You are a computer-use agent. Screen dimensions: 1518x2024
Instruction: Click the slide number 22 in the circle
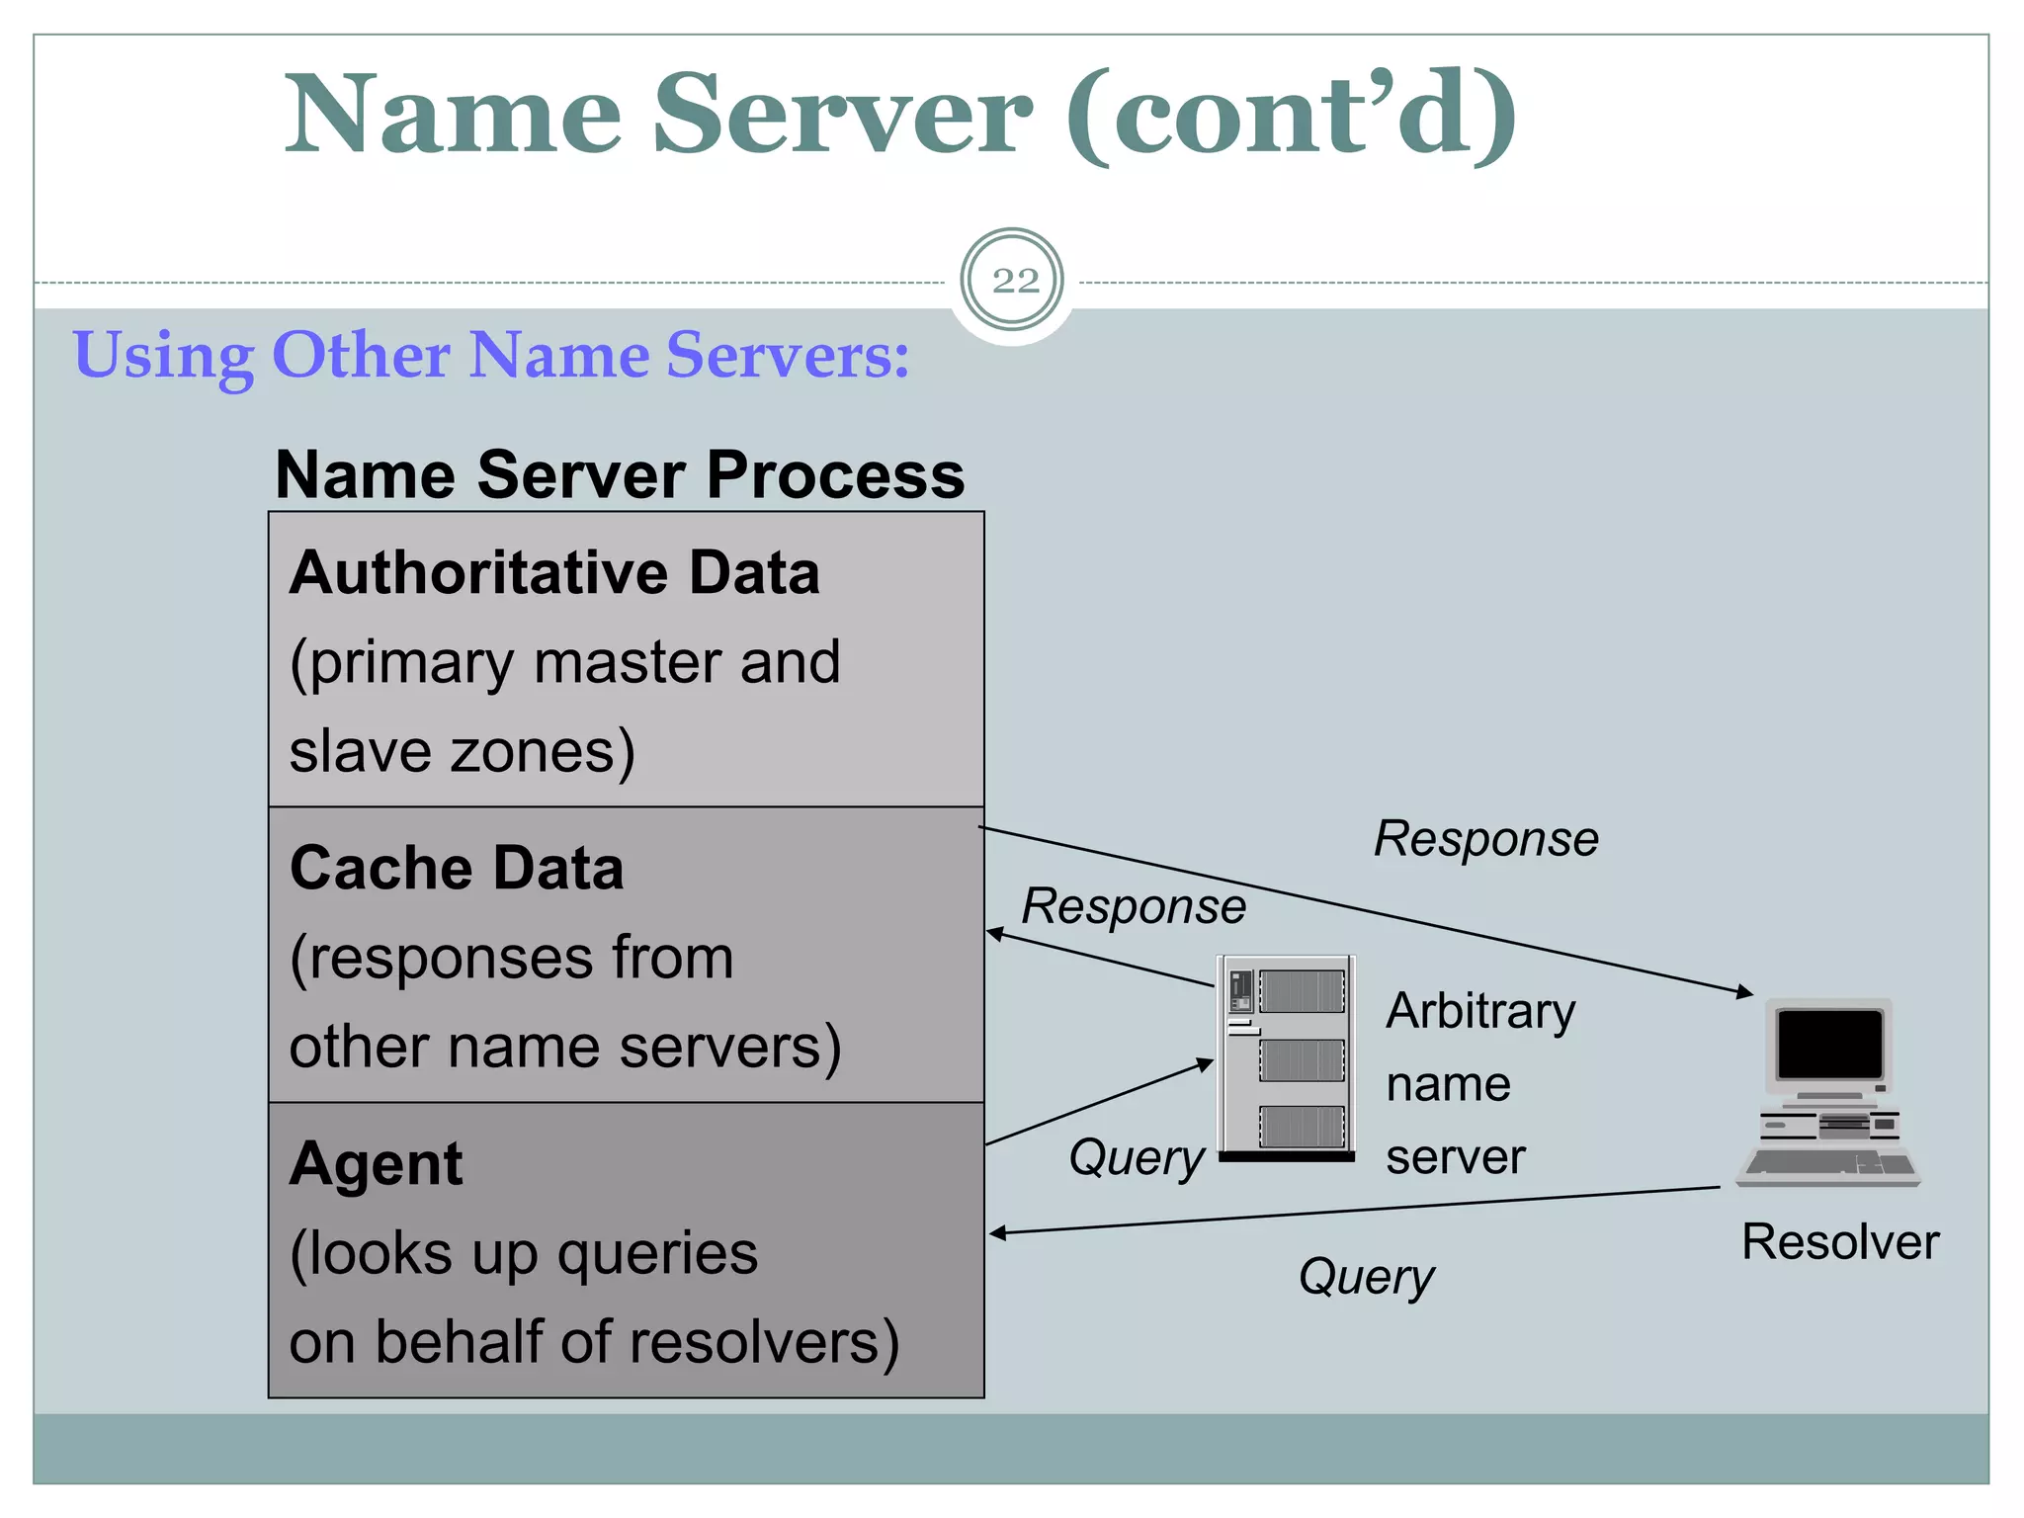pos(1014,281)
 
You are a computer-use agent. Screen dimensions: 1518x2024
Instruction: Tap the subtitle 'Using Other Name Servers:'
pos(491,355)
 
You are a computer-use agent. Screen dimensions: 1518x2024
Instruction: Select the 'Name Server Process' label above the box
pos(620,475)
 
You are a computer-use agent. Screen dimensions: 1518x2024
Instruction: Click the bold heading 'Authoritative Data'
pos(554,573)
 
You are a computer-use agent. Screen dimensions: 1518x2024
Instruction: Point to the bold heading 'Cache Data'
pos(457,869)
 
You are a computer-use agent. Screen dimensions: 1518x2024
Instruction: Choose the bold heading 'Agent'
pos(376,1163)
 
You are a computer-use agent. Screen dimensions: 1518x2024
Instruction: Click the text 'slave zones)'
pos(462,751)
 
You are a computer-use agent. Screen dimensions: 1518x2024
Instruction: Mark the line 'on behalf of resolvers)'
pos(594,1342)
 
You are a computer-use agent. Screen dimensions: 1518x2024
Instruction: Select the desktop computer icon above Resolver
pos(1829,1092)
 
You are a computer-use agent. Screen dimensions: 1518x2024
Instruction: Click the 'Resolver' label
pos(1840,1241)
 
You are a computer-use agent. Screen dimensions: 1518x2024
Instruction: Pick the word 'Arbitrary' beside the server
pos(1480,1011)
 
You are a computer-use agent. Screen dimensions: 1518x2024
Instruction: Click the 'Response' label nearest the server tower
pos(1134,906)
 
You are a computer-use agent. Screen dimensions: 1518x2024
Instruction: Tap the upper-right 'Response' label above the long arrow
pos(1486,839)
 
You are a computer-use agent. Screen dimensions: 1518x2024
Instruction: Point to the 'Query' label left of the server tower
pos(1137,1156)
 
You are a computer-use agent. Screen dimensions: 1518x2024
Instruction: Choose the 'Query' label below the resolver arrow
pos(1367,1276)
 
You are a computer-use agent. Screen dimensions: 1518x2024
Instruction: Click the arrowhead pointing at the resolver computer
pos(1745,992)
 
